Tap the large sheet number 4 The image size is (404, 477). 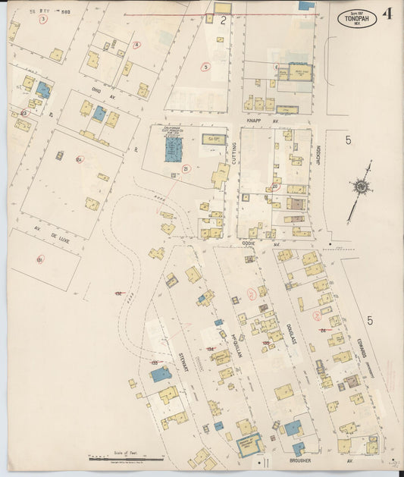(x=388, y=13)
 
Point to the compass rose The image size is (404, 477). (x=362, y=187)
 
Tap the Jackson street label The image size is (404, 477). (x=318, y=157)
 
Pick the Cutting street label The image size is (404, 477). (x=235, y=154)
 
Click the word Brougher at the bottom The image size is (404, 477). (x=302, y=460)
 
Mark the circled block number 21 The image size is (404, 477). (x=186, y=168)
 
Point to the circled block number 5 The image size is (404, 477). (x=205, y=67)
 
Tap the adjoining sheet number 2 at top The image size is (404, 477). (x=223, y=21)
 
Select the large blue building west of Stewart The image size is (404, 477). (x=161, y=374)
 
